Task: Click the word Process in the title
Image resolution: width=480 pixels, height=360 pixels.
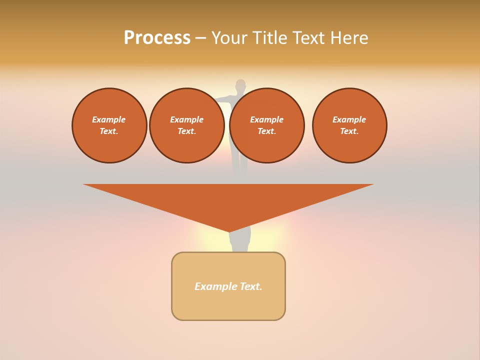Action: coord(157,38)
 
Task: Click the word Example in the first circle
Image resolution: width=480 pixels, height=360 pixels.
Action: coord(109,119)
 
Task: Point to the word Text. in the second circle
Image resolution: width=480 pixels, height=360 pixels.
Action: coord(187,131)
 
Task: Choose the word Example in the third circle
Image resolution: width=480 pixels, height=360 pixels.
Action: coord(267,119)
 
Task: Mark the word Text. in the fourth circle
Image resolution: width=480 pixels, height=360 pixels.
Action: coord(349,131)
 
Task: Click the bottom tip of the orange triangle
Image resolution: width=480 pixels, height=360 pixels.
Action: coord(229,230)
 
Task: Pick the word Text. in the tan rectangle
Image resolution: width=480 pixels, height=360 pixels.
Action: coord(251,286)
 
